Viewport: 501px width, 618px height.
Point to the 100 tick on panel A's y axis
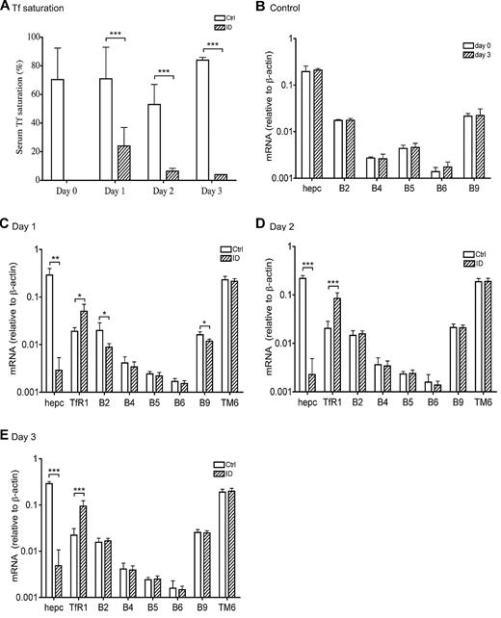point(37,37)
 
